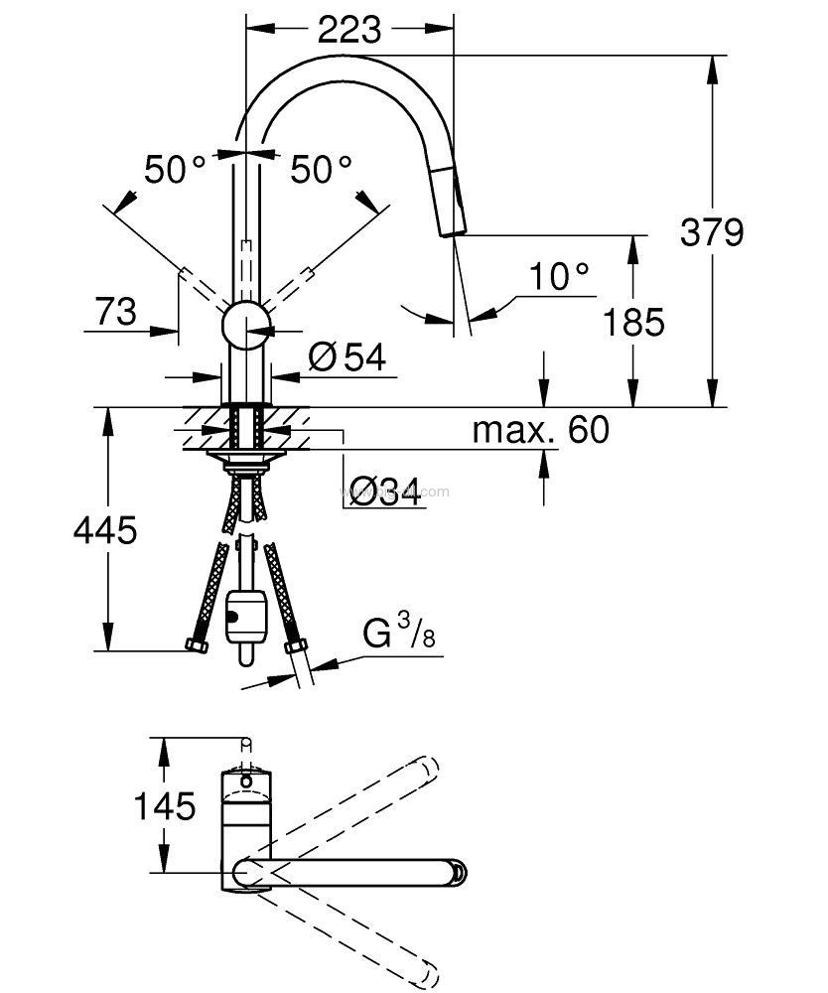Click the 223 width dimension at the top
tap(349, 31)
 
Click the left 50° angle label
tap(174, 170)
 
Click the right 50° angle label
tap(321, 170)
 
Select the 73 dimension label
tap(116, 313)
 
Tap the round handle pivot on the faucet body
tap(244, 325)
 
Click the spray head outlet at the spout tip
tap(451, 227)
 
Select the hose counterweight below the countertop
tap(245, 617)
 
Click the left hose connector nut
tap(197, 646)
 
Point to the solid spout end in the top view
tap(456, 873)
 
